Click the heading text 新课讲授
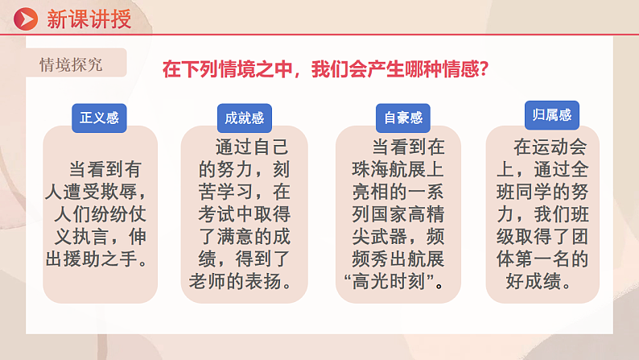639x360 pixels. coord(89,19)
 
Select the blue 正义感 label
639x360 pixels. coord(99,118)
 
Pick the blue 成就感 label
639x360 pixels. coord(245,118)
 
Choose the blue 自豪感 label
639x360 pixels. coord(402,118)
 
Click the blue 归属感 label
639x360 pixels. coord(552,115)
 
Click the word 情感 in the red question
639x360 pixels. coord(451,69)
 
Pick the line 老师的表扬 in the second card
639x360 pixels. coord(244,283)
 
